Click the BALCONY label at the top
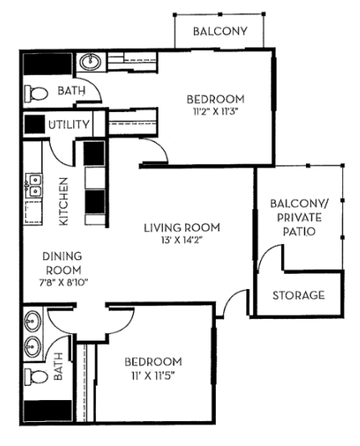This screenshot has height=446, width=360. (x=219, y=32)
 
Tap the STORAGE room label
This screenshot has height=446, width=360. (x=298, y=295)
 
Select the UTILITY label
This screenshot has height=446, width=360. (x=68, y=125)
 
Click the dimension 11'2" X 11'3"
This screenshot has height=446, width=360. (x=215, y=111)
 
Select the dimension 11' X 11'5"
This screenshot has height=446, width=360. (x=154, y=375)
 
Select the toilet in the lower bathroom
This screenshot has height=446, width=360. (x=35, y=377)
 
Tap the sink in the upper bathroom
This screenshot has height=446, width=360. (x=88, y=62)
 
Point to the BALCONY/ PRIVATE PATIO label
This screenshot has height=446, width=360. (x=299, y=217)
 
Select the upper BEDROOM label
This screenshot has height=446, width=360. (x=215, y=99)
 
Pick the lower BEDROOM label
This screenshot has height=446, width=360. (x=154, y=361)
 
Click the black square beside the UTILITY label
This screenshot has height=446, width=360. (x=35, y=125)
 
